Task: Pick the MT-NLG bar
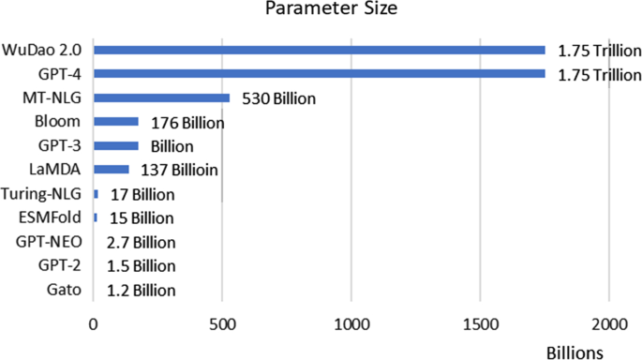161,97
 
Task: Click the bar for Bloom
116,122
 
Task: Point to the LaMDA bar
112,170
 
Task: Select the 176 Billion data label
186,122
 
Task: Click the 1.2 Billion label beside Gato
141,290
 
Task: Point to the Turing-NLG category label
45,194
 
